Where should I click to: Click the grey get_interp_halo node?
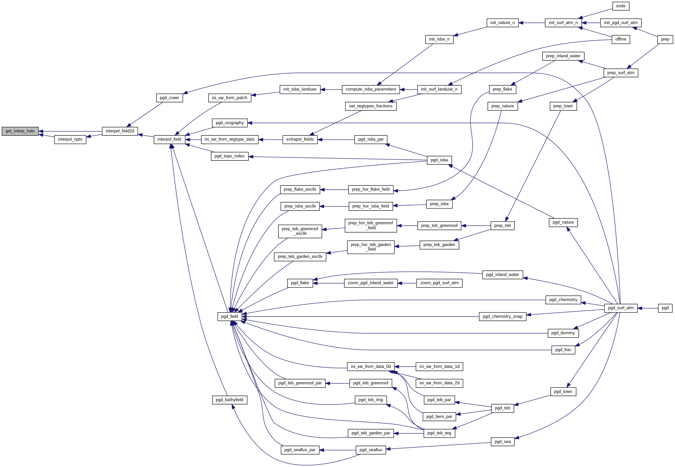point(20,131)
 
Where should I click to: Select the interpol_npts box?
point(70,139)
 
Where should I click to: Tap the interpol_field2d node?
point(120,131)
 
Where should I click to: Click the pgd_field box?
point(229,316)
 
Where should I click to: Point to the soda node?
point(620,6)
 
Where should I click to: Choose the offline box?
point(620,39)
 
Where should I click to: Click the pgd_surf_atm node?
point(621,308)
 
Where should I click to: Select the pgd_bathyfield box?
point(229,400)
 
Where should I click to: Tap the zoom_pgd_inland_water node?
point(370,283)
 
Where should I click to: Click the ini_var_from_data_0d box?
point(370,367)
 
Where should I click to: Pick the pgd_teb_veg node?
point(439,433)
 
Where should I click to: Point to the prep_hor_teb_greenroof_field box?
point(370,225)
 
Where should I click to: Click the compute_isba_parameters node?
point(370,89)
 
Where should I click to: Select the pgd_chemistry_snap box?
point(502,316)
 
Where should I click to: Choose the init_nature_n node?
point(502,23)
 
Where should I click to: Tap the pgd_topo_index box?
point(229,156)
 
